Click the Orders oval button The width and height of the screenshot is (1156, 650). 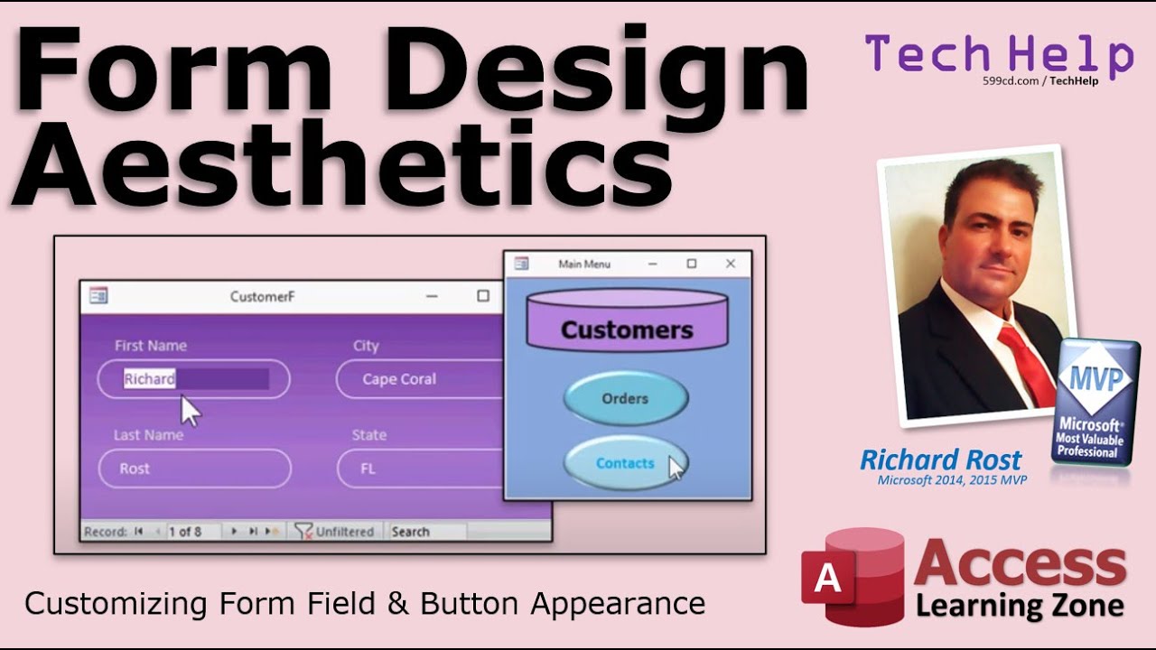625,398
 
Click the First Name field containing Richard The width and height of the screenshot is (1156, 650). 193,379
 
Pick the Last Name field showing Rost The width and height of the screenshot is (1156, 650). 193,469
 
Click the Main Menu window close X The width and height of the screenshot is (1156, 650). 731,264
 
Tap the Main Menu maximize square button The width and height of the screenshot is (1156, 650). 691,264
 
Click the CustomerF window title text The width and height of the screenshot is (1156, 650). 262,296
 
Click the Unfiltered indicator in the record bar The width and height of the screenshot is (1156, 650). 335,532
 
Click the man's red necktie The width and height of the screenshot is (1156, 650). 1026,361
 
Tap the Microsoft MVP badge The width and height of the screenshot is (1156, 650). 1095,402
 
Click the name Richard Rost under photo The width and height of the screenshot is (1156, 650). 940,460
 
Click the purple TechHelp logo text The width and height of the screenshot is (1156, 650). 998,54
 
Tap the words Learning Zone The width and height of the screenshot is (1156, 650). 1019,604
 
